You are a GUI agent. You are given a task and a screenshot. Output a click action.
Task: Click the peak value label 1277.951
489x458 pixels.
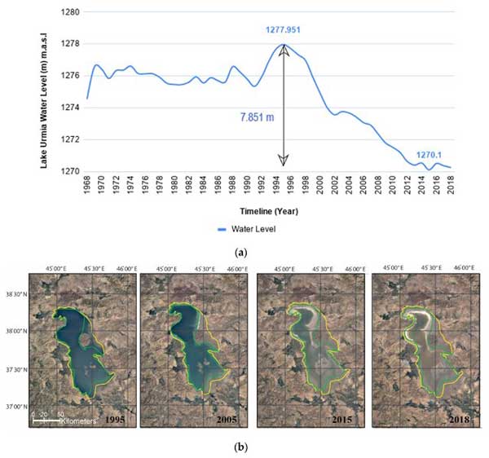pos(284,29)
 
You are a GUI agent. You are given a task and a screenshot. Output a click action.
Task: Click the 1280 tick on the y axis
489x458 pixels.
pos(71,14)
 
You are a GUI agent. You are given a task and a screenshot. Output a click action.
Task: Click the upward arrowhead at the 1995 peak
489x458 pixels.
pos(284,50)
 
